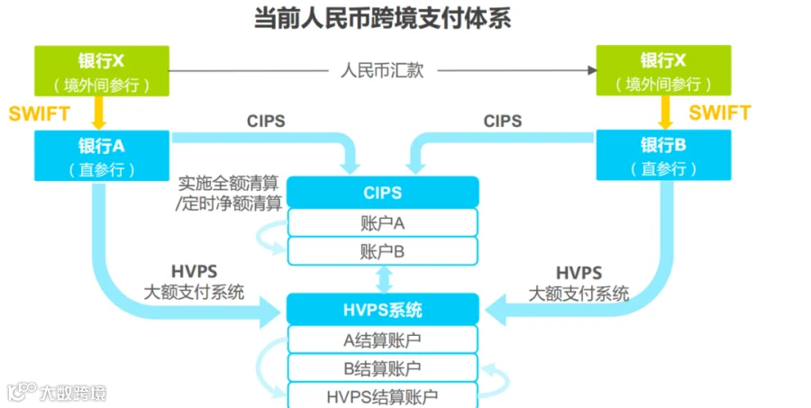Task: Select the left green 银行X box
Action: point(101,71)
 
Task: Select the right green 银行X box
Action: point(663,71)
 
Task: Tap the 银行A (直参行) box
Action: point(101,155)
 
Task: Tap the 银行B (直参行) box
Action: point(663,155)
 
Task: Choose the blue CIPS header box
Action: point(382,192)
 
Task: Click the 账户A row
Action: point(382,222)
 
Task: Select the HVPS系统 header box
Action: point(382,310)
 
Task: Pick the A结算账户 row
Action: point(382,340)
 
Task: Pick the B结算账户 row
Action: point(382,367)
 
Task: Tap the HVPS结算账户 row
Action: point(382,395)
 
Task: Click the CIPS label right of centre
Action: point(502,121)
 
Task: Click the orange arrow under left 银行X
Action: point(101,113)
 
